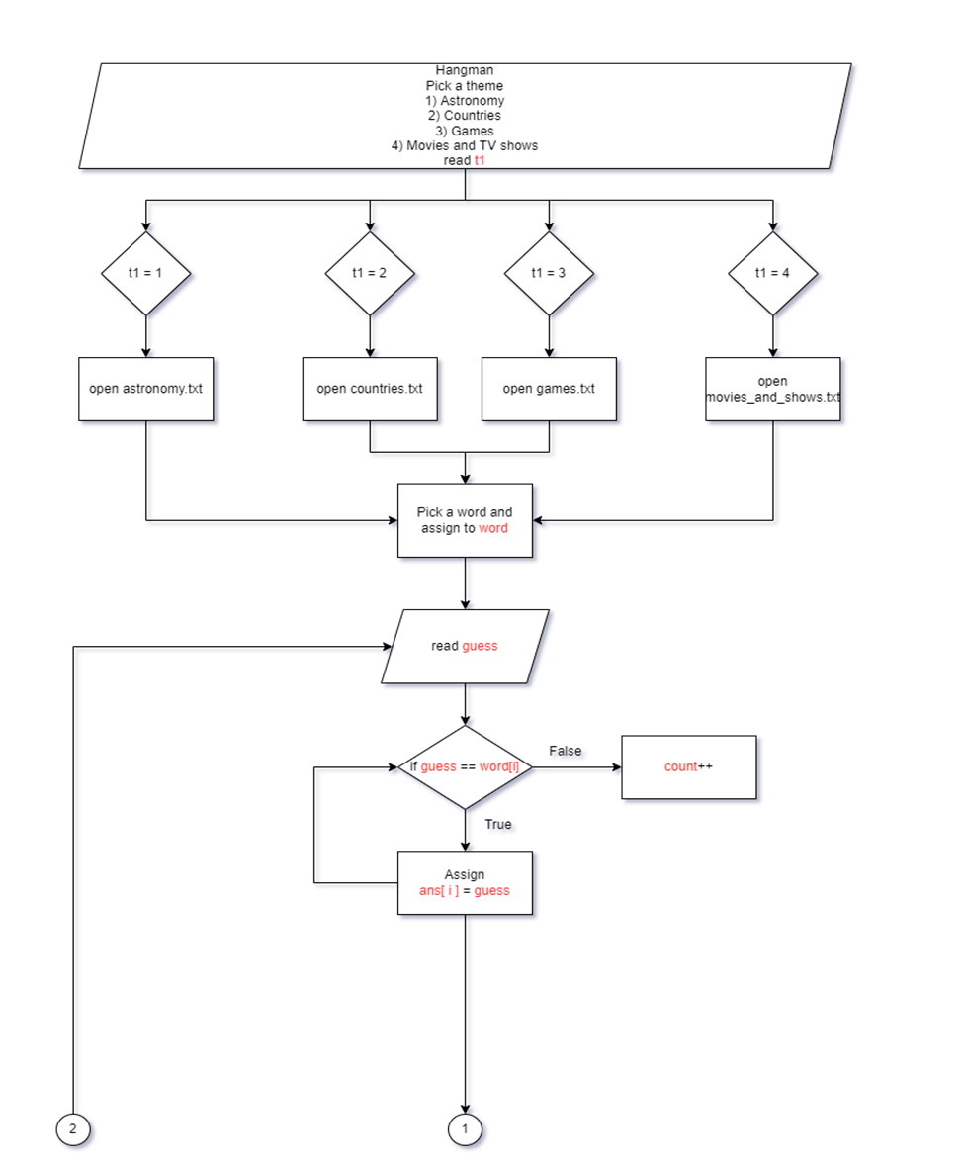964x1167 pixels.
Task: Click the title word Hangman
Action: point(465,70)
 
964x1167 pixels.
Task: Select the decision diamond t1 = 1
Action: point(146,273)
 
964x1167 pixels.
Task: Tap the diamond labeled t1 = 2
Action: point(370,273)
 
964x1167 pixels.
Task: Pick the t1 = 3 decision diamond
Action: point(549,273)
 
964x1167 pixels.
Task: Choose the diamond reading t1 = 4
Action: point(772,273)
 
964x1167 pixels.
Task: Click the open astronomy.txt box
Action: point(146,389)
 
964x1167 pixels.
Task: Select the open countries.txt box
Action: point(370,389)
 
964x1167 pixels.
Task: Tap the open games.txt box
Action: point(549,389)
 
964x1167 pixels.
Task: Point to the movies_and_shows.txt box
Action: point(773,389)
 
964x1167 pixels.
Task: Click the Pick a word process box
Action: point(466,521)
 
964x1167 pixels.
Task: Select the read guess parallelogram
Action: point(466,646)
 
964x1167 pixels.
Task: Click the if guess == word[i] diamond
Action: point(465,767)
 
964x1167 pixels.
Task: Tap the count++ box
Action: point(688,766)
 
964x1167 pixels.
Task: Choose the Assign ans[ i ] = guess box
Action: point(466,882)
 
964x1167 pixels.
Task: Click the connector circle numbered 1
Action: point(466,1127)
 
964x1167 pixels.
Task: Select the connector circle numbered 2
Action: point(73,1127)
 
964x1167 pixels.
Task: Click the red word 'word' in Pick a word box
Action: point(492,528)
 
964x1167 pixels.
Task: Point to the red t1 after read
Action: point(480,160)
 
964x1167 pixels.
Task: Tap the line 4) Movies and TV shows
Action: point(465,145)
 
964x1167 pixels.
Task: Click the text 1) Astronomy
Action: point(465,101)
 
